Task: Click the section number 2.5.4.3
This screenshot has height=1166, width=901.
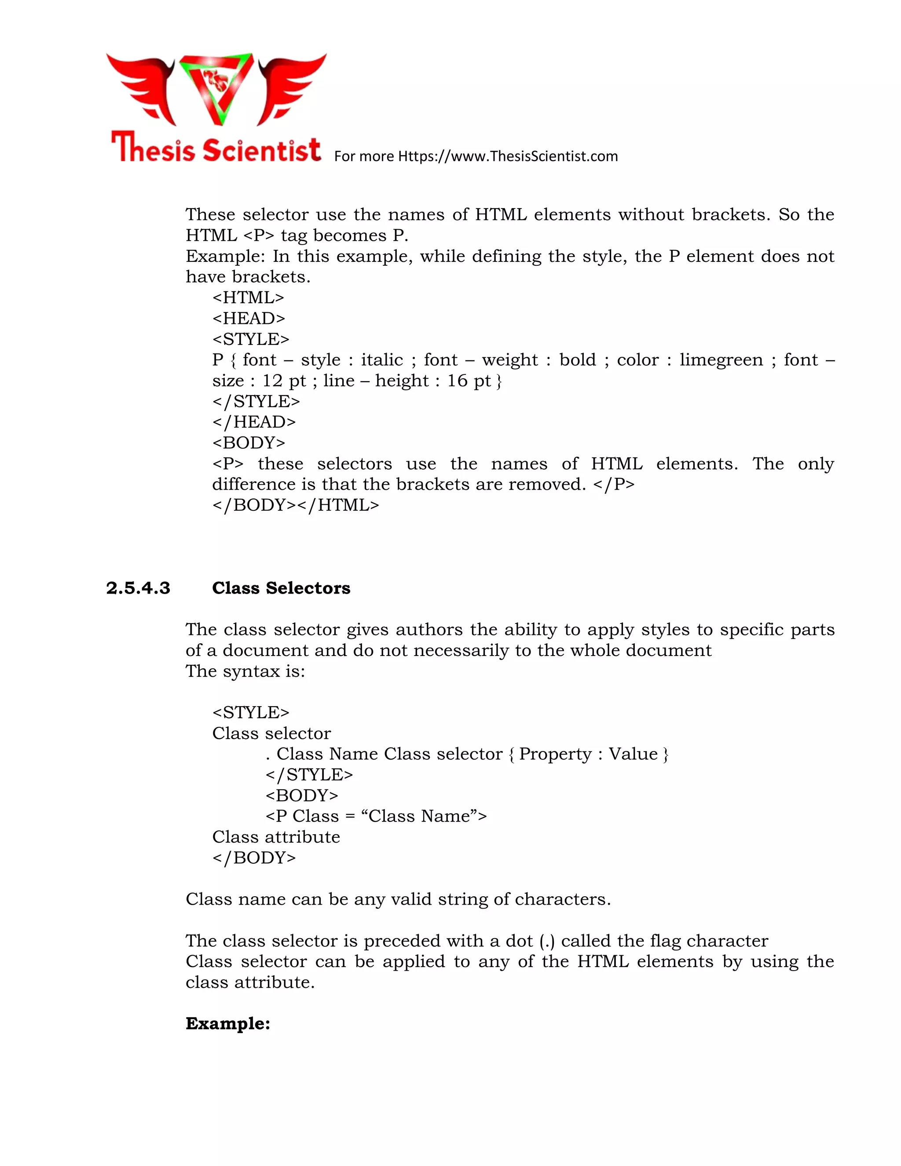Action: (x=138, y=588)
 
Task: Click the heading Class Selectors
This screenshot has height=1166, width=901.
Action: (x=281, y=588)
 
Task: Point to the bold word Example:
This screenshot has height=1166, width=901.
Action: (x=228, y=1023)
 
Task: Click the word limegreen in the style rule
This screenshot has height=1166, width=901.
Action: (x=721, y=360)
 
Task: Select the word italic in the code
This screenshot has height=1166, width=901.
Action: (x=381, y=360)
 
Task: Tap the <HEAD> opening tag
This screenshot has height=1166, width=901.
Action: (x=248, y=318)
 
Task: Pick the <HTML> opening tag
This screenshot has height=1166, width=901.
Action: (x=248, y=297)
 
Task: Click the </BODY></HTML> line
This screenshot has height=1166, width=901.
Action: (x=295, y=505)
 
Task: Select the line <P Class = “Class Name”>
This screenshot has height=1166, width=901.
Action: (x=376, y=816)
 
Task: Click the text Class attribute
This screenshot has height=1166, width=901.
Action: (x=276, y=837)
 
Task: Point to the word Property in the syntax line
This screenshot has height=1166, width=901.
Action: (x=555, y=754)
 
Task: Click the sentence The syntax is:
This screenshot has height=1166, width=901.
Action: (x=245, y=671)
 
